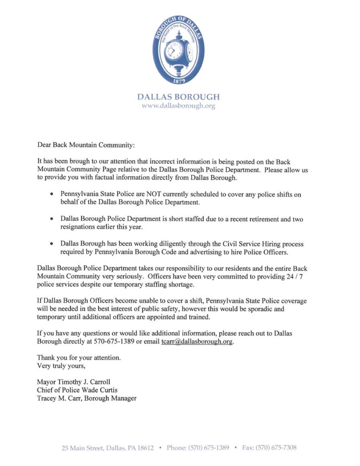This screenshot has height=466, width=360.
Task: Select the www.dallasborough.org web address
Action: click(x=178, y=106)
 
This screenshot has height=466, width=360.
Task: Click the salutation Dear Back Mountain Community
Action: click(x=86, y=145)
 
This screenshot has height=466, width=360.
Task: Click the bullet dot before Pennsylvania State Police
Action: click(x=52, y=194)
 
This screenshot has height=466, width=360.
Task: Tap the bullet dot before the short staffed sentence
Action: click(x=52, y=219)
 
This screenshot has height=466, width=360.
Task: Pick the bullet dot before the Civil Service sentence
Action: click(x=52, y=244)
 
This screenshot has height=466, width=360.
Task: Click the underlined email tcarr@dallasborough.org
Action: click(x=197, y=342)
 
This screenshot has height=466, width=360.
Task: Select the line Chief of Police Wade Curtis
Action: click(x=77, y=390)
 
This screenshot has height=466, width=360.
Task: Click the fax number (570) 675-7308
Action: click(x=276, y=448)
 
